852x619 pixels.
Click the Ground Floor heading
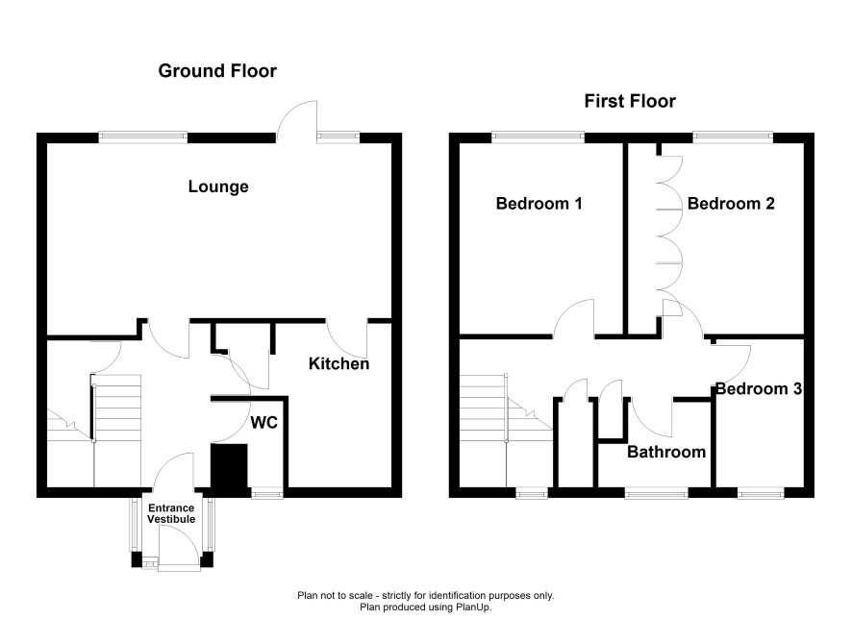217,70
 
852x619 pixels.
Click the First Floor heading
630,101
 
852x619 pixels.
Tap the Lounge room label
218,186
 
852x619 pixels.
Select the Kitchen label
338,363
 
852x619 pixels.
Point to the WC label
264,423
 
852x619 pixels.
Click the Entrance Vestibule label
171,513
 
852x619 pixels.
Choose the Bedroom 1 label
539,204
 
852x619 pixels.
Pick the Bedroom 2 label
731,204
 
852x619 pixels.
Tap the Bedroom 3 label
759,388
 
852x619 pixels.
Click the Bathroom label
666,452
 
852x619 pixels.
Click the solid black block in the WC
229,466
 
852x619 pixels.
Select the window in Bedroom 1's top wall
538,137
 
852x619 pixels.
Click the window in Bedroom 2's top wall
733,137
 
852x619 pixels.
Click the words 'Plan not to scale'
334,596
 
